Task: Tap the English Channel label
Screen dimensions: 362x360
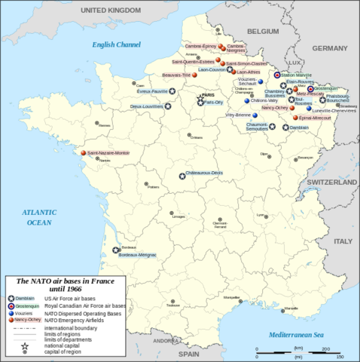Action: pos(116,45)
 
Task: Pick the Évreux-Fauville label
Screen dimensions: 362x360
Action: pos(155,91)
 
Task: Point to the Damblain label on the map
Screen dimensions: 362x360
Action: pos(300,128)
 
